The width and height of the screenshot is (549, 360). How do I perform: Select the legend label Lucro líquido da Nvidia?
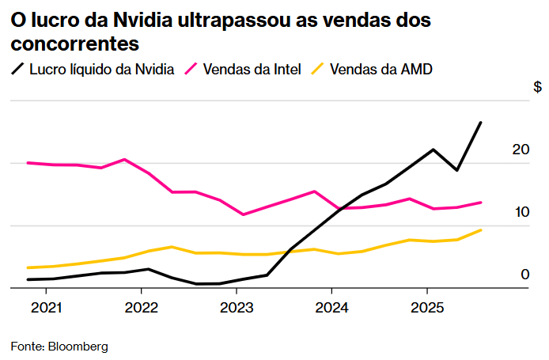click(101, 70)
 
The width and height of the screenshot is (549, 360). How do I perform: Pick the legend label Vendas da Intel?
click(252, 70)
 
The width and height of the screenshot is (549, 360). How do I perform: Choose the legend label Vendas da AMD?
click(381, 70)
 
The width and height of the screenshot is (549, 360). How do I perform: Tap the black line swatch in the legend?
click(17, 70)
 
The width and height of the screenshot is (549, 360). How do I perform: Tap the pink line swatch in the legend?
click(191, 70)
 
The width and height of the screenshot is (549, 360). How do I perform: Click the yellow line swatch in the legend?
click(318, 70)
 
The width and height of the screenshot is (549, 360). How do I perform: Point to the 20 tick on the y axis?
click(520, 150)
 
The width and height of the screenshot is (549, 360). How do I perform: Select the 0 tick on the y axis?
click(524, 275)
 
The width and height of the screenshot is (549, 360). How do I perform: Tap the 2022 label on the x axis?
click(141, 307)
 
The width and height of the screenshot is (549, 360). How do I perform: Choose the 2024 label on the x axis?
click(331, 307)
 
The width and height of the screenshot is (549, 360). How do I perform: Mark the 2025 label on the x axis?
click(427, 307)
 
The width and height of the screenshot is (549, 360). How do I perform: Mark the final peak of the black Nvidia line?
click(481, 123)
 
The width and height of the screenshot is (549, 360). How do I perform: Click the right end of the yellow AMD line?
click(481, 230)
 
